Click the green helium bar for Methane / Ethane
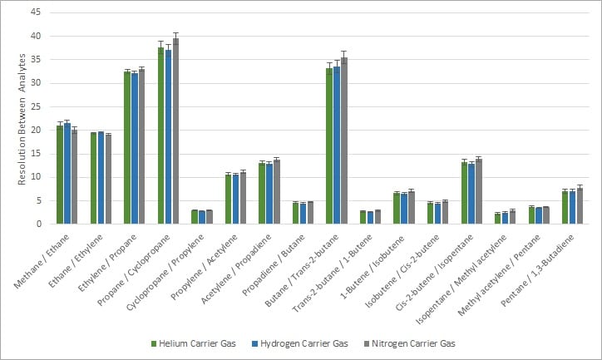(60, 175)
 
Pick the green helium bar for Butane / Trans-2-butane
(329, 145)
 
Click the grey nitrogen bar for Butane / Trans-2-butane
(344, 141)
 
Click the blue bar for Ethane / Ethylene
(101, 178)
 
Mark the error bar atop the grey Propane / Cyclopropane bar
(175, 38)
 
